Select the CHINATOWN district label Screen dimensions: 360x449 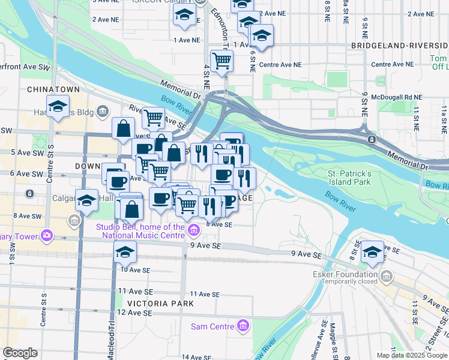tap(53, 89)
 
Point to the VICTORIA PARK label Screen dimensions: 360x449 tap(160, 304)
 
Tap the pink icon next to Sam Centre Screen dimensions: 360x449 tap(243, 326)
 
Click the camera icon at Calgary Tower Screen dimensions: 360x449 tap(46, 235)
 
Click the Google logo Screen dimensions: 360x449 tap(20, 353)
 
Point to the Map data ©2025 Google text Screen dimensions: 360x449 tap(412, 355)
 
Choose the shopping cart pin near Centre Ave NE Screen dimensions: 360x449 tap(222, 61)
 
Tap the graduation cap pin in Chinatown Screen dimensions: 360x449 tap(58, 107)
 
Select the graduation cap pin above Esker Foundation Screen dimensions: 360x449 tap(372, 252)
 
